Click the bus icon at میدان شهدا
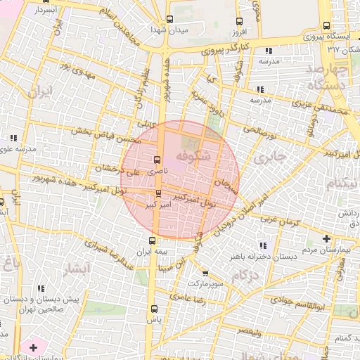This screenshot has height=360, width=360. point(169,20)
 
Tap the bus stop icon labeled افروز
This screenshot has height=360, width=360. point(239,21)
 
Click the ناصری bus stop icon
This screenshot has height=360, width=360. point(156,159)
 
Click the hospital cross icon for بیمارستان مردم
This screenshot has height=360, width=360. point(326,238)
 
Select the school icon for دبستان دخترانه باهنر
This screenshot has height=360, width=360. point(264,245)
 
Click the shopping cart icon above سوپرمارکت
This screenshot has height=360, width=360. point(205,273)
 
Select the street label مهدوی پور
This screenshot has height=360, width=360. point(76,69)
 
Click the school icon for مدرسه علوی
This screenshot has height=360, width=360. point(13,138)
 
